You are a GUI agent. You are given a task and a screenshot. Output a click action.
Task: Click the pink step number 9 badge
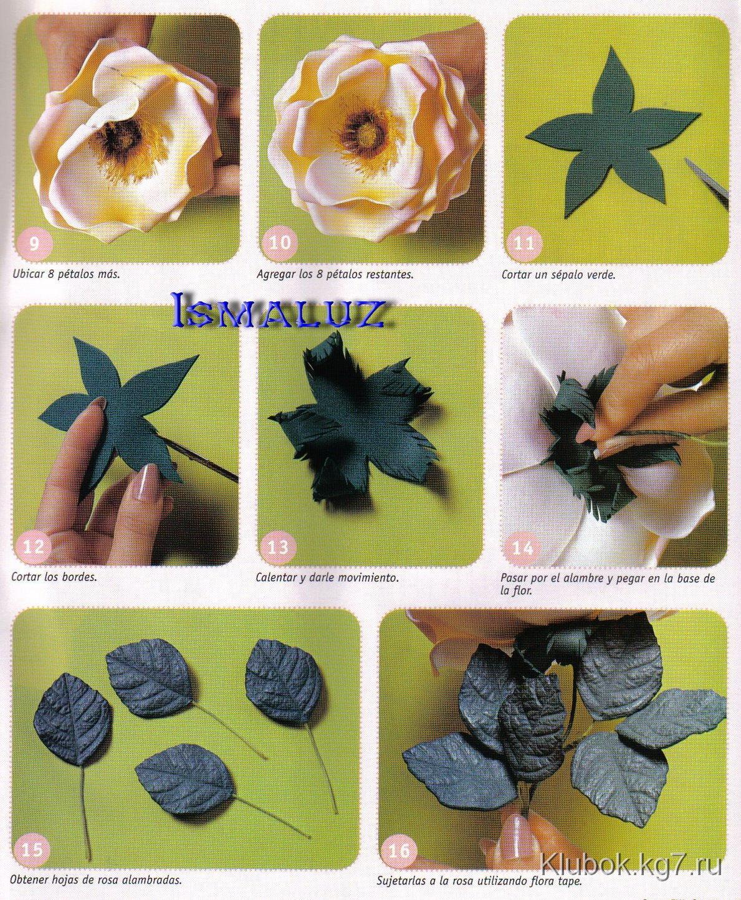pyautogui.click(x=34, y=244)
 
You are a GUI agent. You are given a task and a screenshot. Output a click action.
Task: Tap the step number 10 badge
pyautogui.click(x=280, y=243)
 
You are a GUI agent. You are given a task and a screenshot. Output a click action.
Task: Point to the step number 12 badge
pyautogui.click(x=34, y=547)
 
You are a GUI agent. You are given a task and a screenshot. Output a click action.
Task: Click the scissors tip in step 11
pyautogui.click(x=687, y=160)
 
